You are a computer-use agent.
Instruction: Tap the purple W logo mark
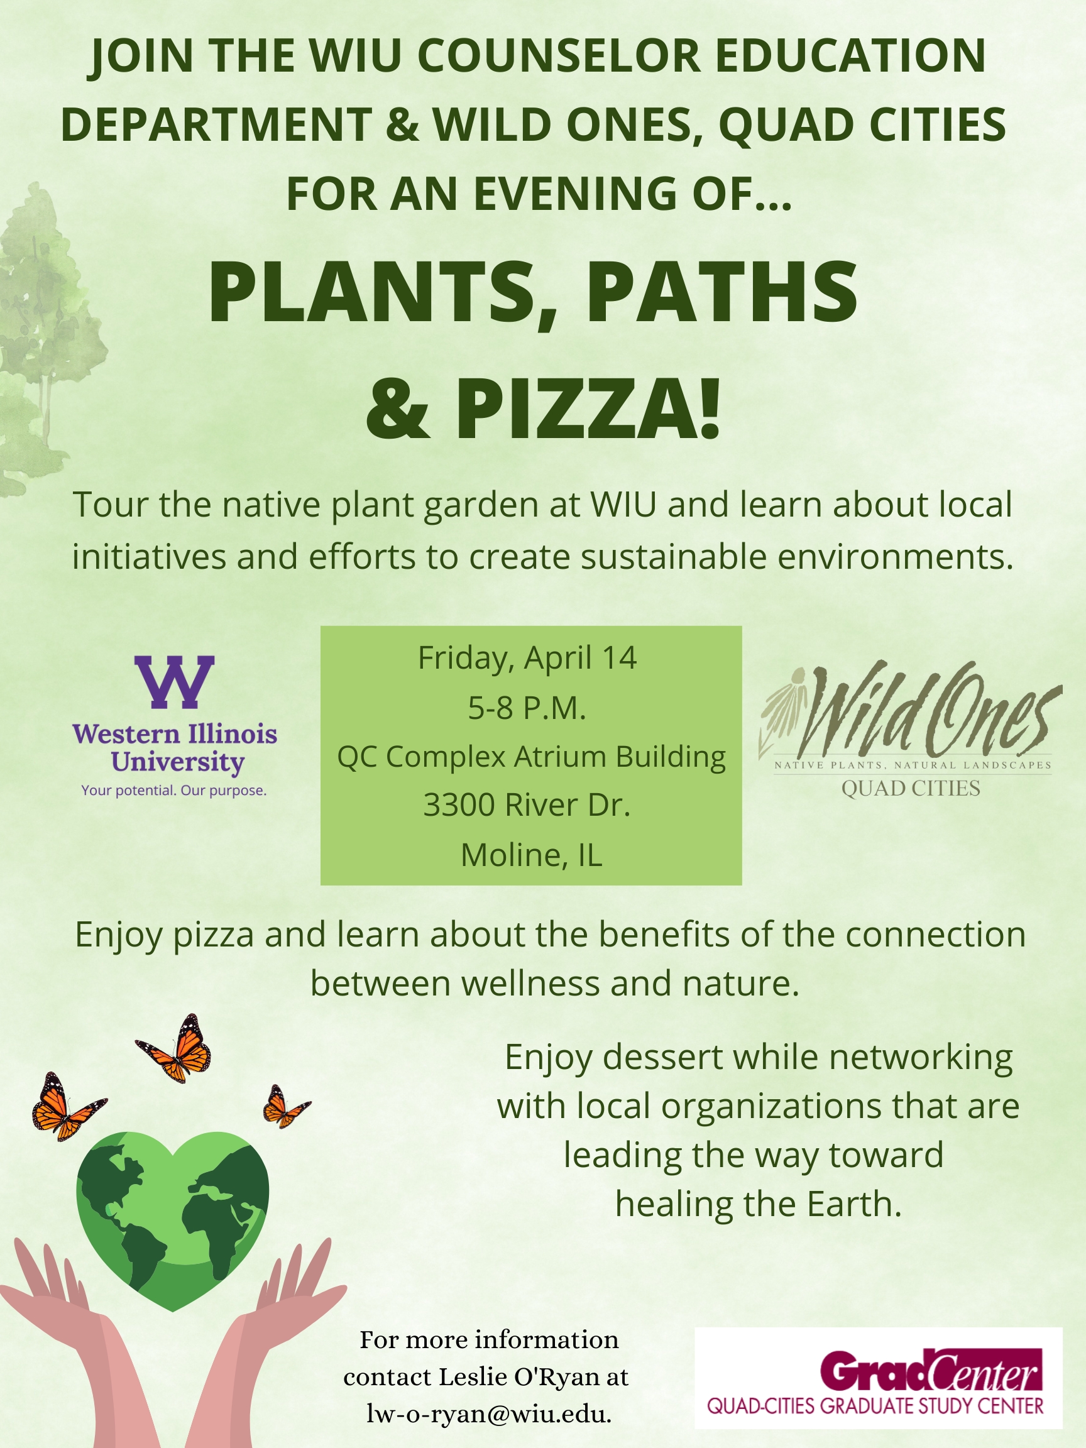(174, 682)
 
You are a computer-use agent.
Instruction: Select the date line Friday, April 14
(527, 658)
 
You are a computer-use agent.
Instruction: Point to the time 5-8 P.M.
(527, 708)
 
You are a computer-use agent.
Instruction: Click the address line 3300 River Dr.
(527, 805)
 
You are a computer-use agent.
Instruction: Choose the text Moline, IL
(531, 855)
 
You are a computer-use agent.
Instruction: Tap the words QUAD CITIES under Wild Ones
(911, 788)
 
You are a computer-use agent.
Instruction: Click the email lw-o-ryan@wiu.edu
(489, 1414)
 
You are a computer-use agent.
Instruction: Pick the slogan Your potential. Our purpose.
(174, 790)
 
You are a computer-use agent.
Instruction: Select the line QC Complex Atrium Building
(531, 757)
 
